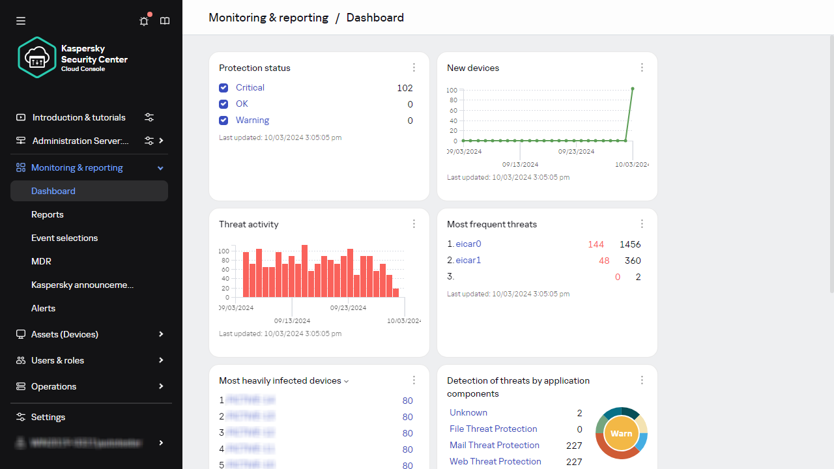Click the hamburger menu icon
21,21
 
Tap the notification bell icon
144,21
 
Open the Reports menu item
48,214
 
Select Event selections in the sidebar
65,238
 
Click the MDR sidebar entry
41,261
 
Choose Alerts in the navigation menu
43,308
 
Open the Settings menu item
48,417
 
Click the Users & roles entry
57,360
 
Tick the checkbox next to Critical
223,87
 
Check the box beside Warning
223,120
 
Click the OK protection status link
242,104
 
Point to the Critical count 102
405,88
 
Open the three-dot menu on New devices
642,68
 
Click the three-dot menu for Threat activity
414,224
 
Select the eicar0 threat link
468,244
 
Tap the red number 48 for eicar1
604,261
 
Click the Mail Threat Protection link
495,445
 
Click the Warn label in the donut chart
622,433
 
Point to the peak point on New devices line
633,89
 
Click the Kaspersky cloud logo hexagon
36,57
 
